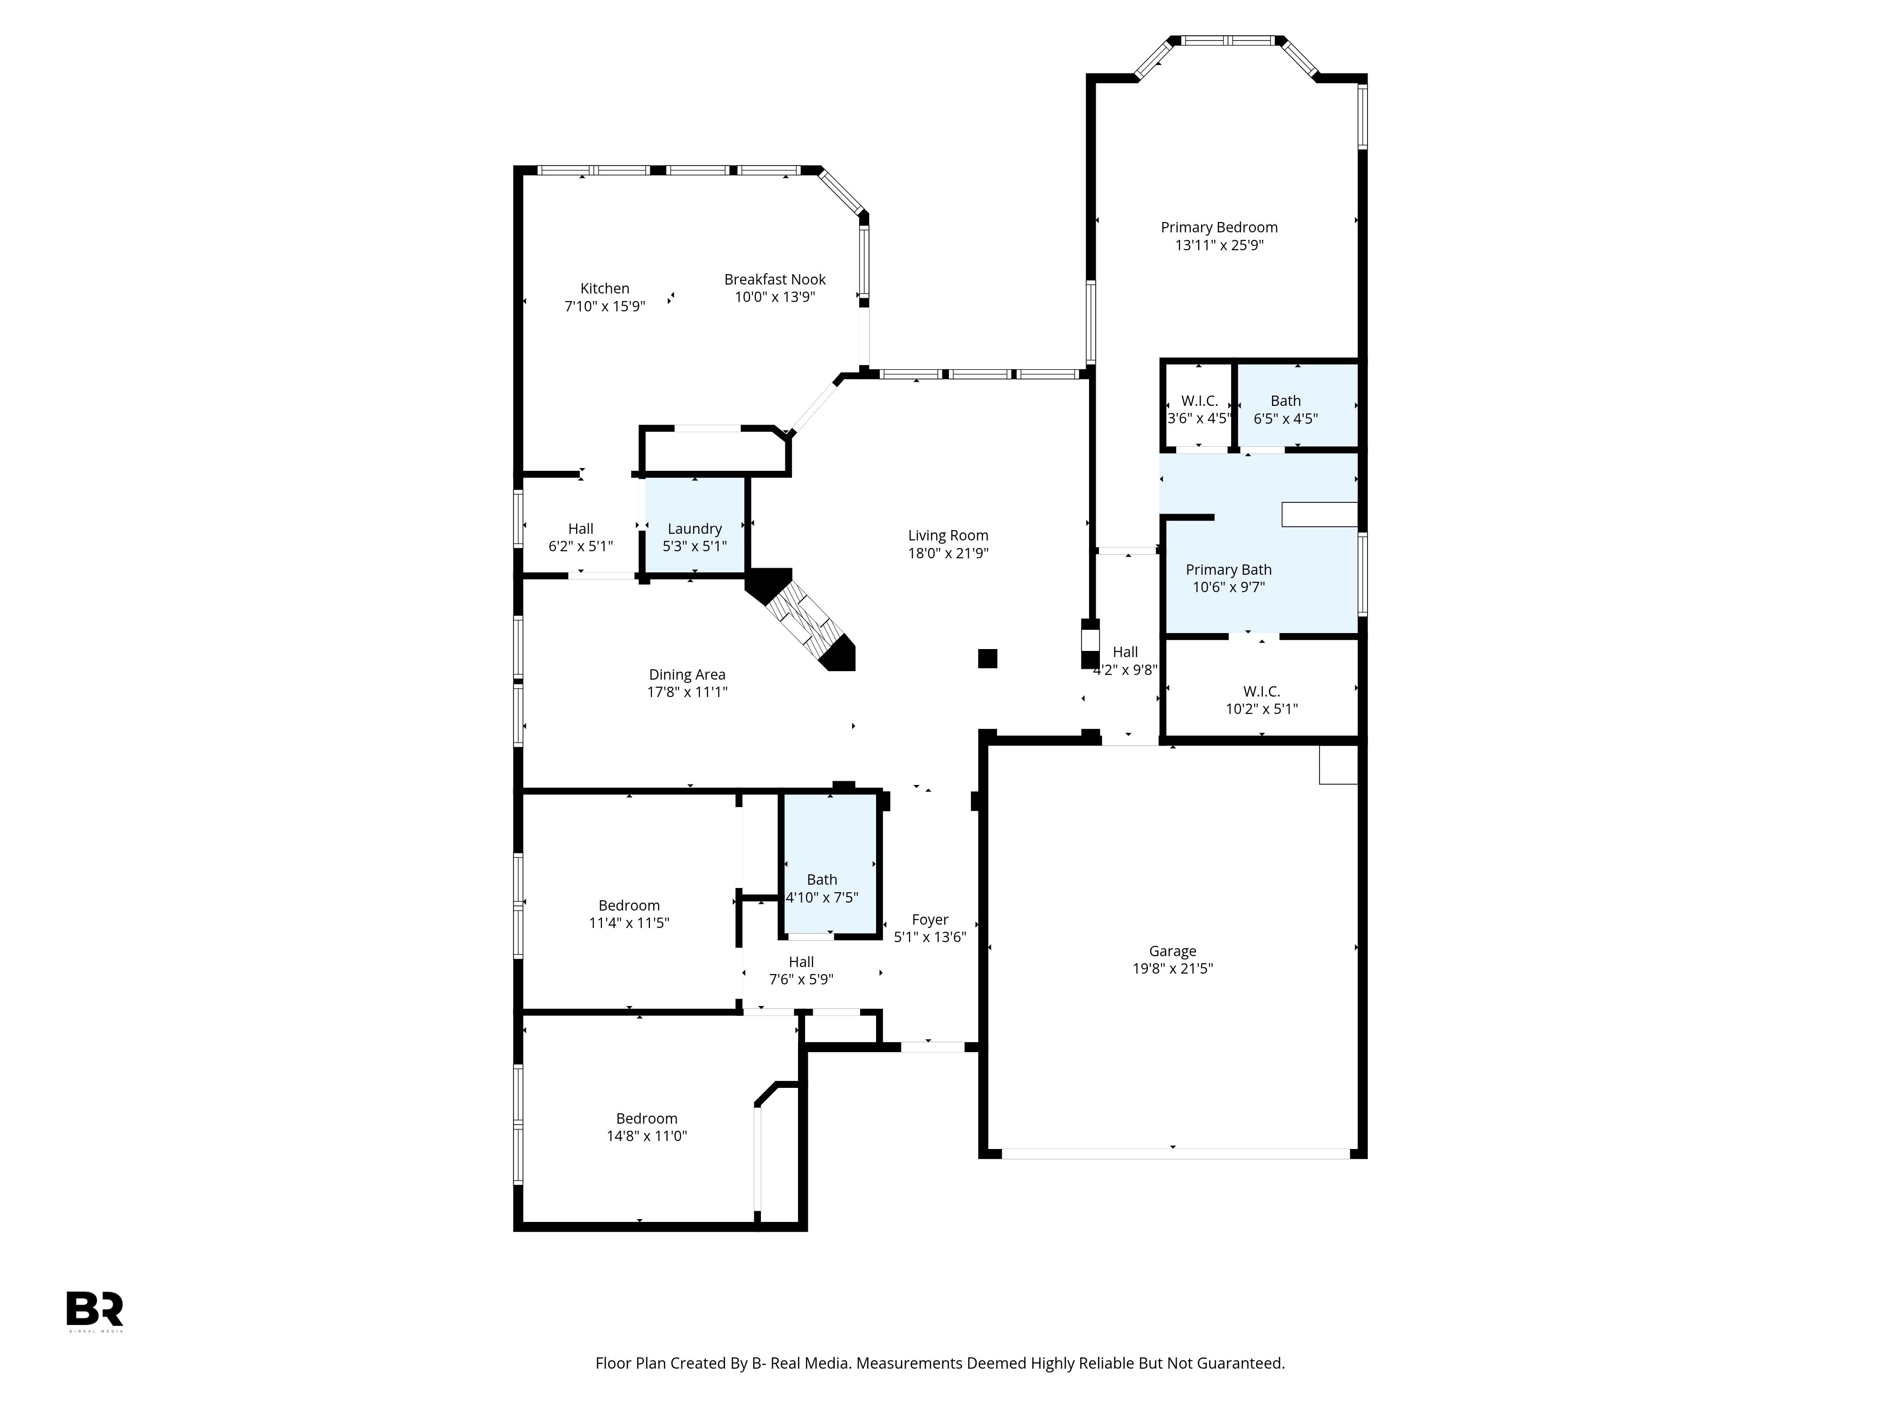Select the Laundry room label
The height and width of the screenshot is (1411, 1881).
pyautogui.click(x=694, y=529)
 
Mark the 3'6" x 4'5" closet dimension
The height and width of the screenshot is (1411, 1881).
pyautogui.click(x=1198, y=419)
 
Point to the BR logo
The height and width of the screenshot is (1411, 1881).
pyautogui.click(x=95, y=1310)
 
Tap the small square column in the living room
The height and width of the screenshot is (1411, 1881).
pyautogui.click(x=987, y=658)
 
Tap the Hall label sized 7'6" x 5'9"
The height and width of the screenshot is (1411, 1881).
pyautogui.click(x=801, y=962)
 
